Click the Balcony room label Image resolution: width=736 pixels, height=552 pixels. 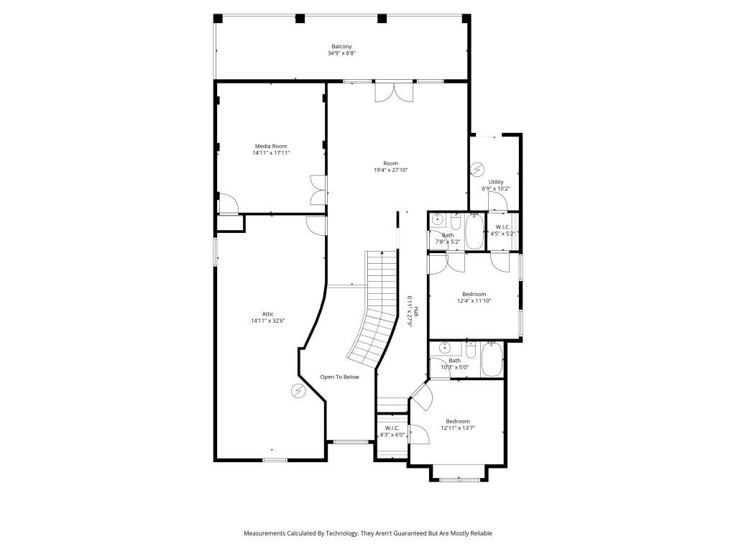[341, 47]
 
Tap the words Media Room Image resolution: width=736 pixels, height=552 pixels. [270, 146]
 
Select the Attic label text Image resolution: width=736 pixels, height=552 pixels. [268, 313]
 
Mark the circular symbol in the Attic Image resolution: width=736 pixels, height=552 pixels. [298, 390]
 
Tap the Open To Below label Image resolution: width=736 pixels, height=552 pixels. [339, 377]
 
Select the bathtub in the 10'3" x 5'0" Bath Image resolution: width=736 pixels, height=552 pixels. [492, 360]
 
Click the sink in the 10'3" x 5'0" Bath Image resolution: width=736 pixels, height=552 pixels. [446, 347]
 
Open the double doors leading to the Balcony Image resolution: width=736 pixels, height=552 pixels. [395, 91]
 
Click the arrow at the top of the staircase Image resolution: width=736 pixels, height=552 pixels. [382, 253]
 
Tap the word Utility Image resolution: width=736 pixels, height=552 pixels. [496, 182]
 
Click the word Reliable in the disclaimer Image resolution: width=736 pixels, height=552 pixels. [480, 533]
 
